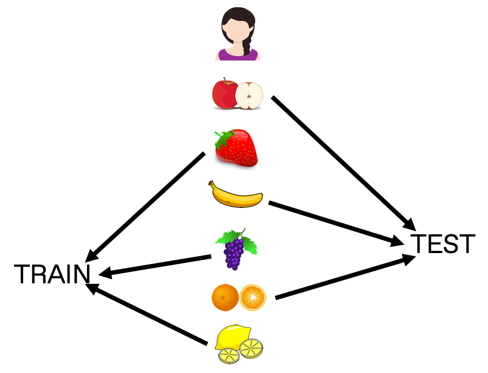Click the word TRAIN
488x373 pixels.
tap(52, 274)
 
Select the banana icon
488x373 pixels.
tap(235, 195)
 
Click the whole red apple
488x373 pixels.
tap(224, 95)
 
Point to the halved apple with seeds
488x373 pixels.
tap(250, 96)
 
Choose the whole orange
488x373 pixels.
tap(225, 298)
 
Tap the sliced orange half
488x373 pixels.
tap(253, 298)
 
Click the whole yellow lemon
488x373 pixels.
tap(232, 337)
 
